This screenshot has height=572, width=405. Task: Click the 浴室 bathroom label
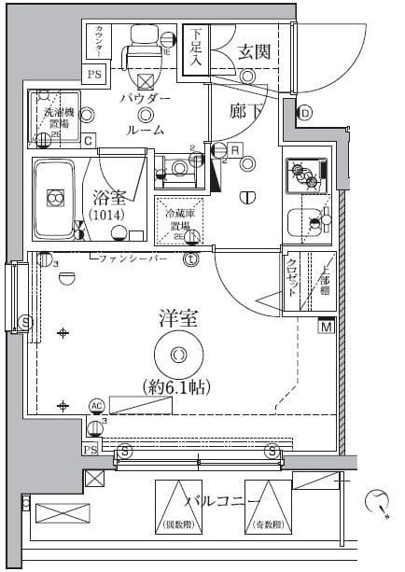click(x=111, y=197)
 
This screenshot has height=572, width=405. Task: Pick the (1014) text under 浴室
click(x=110, y=216)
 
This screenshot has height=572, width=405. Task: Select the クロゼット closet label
click(x=291, y=277)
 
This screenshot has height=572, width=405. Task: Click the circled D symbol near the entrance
click(x=305, y=114)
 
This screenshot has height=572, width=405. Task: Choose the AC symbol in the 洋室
click(x=96, y=406)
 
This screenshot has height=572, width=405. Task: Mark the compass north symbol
click(x=378, y=501)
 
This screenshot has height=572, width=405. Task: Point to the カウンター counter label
click(x=99, y=42)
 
